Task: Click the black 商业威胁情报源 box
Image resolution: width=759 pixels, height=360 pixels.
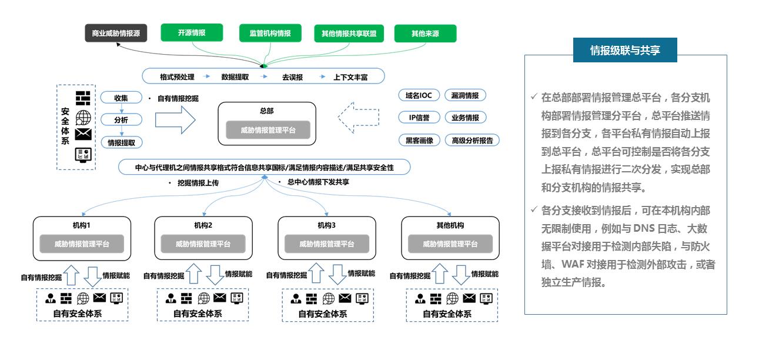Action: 116,33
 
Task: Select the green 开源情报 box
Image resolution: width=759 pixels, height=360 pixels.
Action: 192,33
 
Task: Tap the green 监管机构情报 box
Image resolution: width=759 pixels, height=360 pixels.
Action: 266,33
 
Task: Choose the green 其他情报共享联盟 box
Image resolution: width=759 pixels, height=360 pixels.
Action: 349,34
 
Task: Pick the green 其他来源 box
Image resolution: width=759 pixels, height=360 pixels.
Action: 425,34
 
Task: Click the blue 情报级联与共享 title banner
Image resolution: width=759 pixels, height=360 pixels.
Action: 625,51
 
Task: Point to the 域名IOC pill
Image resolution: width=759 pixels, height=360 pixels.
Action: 419,95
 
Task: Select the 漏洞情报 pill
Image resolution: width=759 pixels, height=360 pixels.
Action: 465,95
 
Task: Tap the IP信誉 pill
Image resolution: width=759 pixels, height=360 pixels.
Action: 419,118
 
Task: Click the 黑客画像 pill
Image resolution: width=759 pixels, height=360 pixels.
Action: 419,141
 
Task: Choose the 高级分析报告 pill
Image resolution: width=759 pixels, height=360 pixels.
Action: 472,141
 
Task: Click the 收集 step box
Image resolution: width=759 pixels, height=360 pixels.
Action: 121,98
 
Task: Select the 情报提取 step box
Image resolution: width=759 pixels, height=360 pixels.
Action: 121,142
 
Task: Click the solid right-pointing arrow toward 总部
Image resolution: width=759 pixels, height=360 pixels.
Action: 175,119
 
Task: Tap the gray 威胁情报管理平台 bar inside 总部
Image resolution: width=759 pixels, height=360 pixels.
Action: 268,130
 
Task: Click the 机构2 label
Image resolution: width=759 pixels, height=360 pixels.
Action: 203,225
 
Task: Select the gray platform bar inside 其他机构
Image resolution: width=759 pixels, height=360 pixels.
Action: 450,244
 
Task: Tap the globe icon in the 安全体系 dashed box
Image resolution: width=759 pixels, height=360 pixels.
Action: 83,116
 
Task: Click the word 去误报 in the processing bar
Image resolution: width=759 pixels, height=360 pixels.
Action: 292,77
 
